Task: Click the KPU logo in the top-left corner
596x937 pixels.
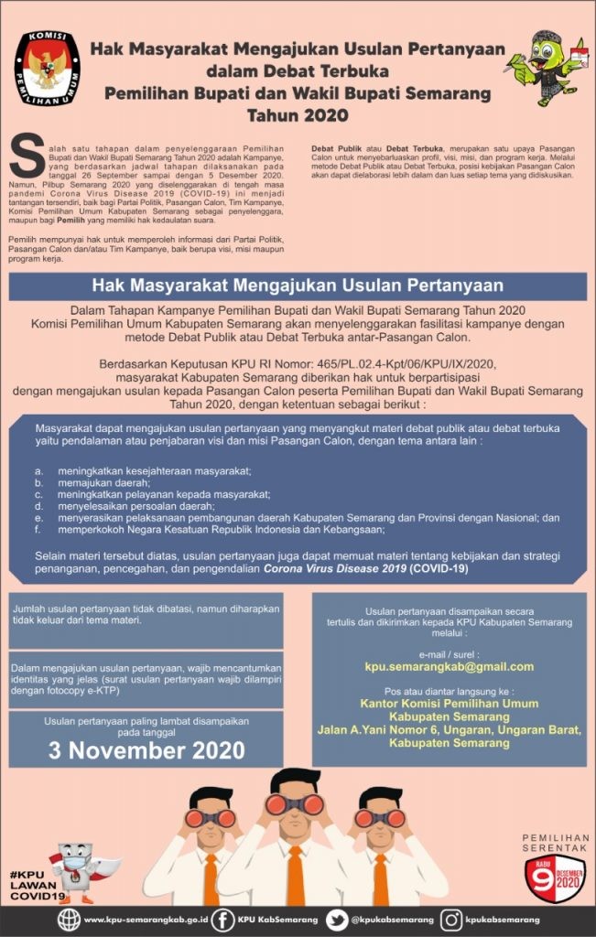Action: click(47, 70)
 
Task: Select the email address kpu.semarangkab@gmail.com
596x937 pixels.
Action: click(449, 666)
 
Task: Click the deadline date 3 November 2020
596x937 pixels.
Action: click(146, 750)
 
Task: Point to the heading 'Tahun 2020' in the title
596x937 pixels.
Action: click(298, 115)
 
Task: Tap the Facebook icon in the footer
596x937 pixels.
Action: click(222, 918)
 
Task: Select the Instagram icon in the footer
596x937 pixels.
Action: click(450, 918)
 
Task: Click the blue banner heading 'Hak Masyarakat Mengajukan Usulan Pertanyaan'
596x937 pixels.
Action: click(298, 285)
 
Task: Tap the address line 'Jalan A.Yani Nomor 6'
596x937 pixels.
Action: click(449, 729)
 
